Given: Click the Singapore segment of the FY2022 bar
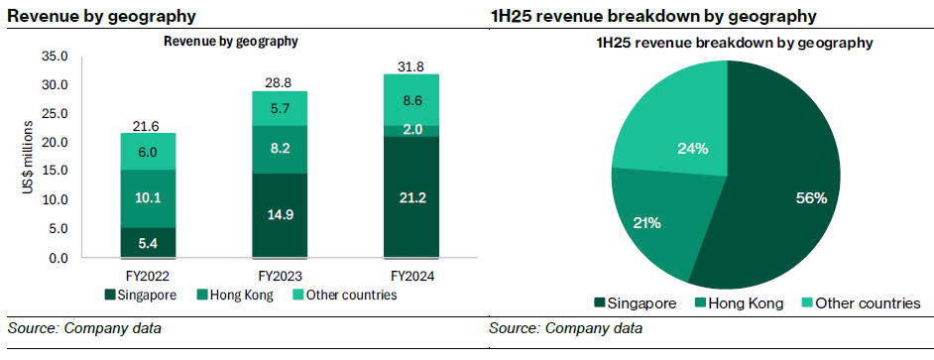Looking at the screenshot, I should pyautogui.click(x=147, y=243).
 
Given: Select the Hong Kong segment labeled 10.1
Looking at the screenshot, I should pyautogui.click(x=147, y=198).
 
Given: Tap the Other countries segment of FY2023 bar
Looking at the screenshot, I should pyautogui.click(x=279, y=109).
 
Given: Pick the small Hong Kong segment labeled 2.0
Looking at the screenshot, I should pyautogui.click(x=410, y=130).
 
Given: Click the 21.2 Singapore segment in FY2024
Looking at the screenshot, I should pyautogui.click(x=410, y=196).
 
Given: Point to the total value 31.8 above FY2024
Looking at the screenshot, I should pyautogui.click(x=410, y=65).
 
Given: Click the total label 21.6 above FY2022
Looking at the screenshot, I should pyautogui.click(x=147, y=125).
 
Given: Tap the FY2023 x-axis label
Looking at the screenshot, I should pyautogui.click(x=279, y=275).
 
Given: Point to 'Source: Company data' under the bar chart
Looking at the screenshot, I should pyautogui.click(x=84, y=328).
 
